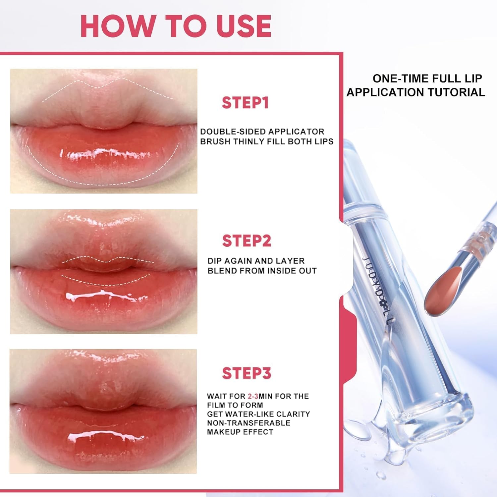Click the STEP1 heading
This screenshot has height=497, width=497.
(x=245, y=103)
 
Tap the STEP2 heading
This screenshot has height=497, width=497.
(x=247, y=241)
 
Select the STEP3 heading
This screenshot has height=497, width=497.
(x=247, y=373)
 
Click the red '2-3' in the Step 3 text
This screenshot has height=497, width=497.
(x=253, y=396)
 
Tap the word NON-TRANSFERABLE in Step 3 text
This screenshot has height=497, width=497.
(x=248, y=423)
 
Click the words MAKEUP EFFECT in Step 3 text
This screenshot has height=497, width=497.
(x=240, y=432)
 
